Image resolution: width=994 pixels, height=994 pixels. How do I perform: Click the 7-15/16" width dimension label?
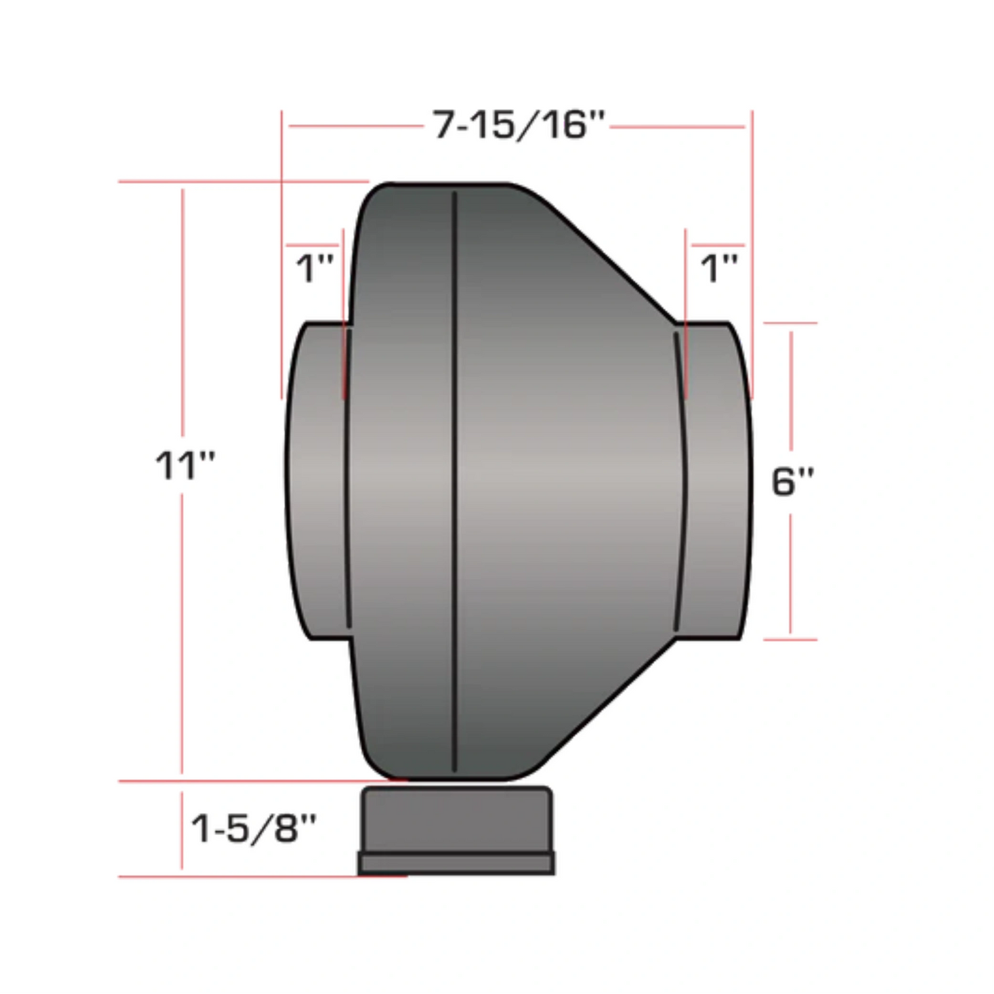point(518,125)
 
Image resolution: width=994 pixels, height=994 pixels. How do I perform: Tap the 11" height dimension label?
point(184,466)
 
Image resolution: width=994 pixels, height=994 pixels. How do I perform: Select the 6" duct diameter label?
point(792,482)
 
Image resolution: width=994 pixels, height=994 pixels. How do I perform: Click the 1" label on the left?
point(314,268)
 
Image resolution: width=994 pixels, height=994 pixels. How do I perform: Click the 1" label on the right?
point(718,268)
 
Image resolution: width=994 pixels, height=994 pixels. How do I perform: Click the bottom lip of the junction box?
point(457,863)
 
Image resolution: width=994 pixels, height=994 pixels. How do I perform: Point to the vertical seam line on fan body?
point(455,482)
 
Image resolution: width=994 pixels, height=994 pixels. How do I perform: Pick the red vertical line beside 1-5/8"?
point(182,829)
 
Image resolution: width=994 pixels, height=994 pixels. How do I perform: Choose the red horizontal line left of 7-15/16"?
point(354,126)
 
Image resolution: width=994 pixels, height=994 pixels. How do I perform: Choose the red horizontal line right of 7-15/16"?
point(678,127)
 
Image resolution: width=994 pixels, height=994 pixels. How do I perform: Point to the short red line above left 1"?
point(313,245)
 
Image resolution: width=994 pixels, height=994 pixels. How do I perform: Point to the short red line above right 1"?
point(717,245)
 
